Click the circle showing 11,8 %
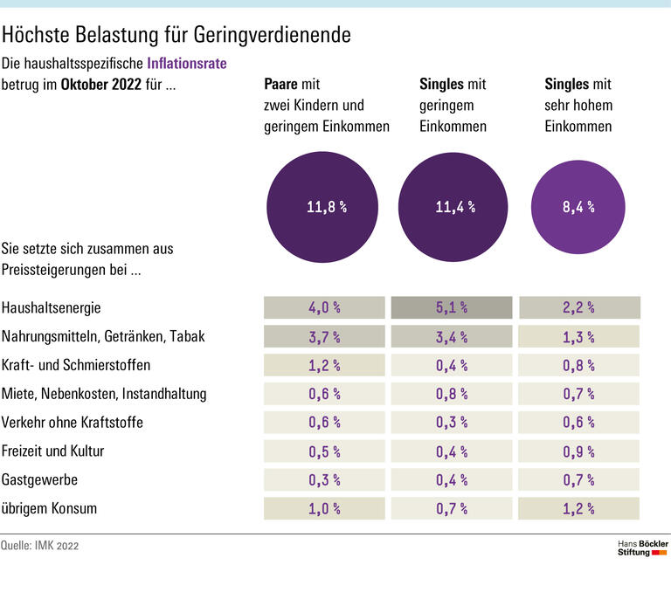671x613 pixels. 325,207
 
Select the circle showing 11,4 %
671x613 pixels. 454,207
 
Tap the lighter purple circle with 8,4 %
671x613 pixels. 578,207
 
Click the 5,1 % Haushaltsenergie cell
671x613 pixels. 452,307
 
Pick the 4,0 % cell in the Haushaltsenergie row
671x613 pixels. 324,307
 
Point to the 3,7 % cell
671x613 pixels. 324,336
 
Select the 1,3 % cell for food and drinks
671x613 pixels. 579,336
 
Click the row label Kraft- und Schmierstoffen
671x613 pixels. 77,365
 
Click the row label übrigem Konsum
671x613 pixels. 50,508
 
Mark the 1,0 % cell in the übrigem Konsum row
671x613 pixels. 324,509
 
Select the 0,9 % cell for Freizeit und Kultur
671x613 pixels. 579,451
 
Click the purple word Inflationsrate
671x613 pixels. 191,64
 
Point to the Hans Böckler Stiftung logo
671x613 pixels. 642,548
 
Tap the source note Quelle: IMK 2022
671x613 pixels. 45,546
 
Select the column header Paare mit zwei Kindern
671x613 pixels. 326,106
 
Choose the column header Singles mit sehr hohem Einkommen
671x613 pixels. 578,106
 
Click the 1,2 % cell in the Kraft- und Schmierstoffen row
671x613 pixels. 324,365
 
